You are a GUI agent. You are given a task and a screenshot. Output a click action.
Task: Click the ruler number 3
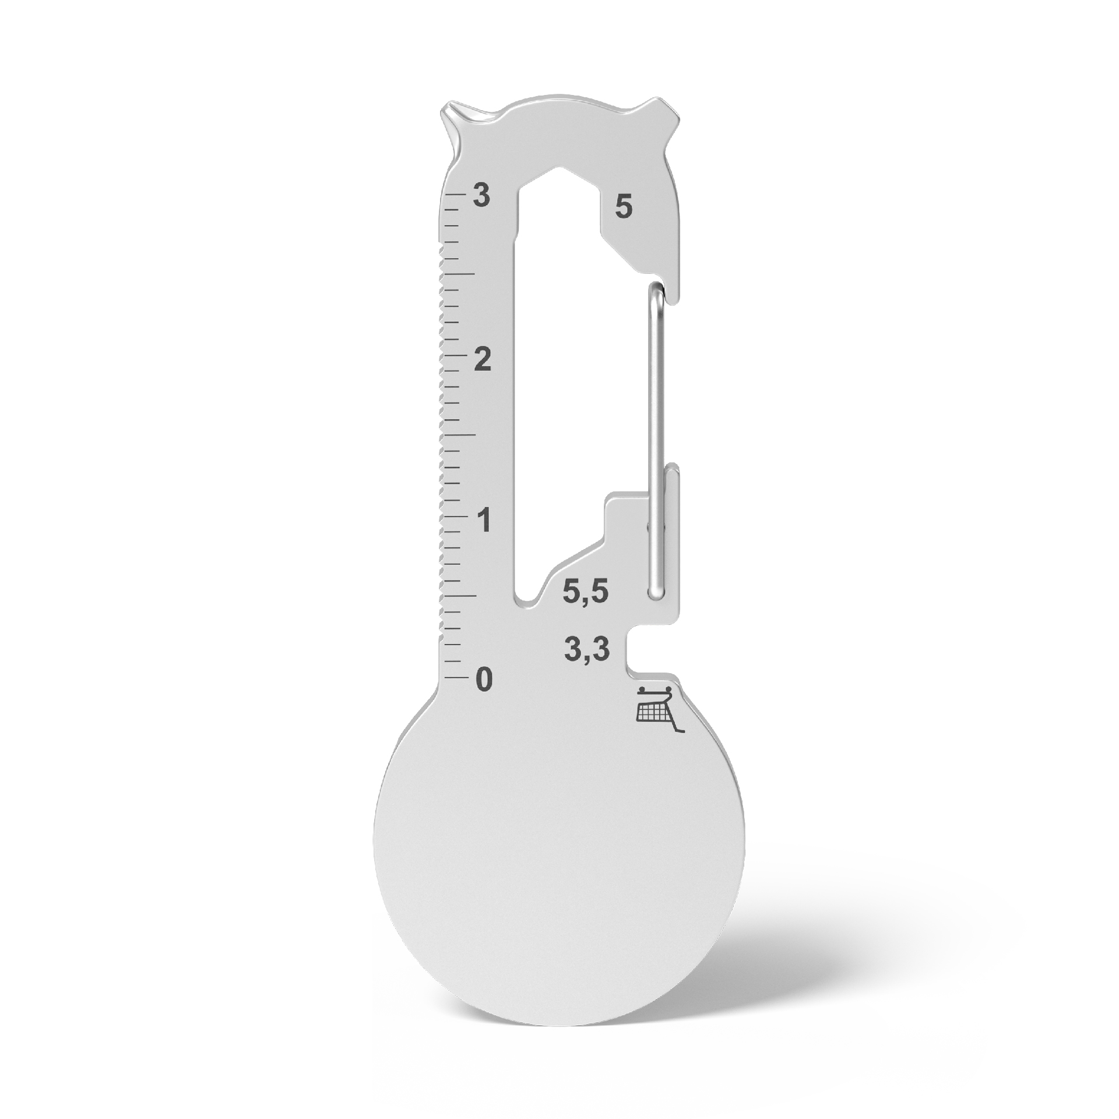click(x=481, y=196)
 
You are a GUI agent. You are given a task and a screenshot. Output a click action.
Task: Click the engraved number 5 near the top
click(x=623, y=207)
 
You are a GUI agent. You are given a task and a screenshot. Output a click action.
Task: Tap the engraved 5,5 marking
click(x=585, y=592)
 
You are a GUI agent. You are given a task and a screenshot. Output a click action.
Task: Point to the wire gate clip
click(x=656, y=437)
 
